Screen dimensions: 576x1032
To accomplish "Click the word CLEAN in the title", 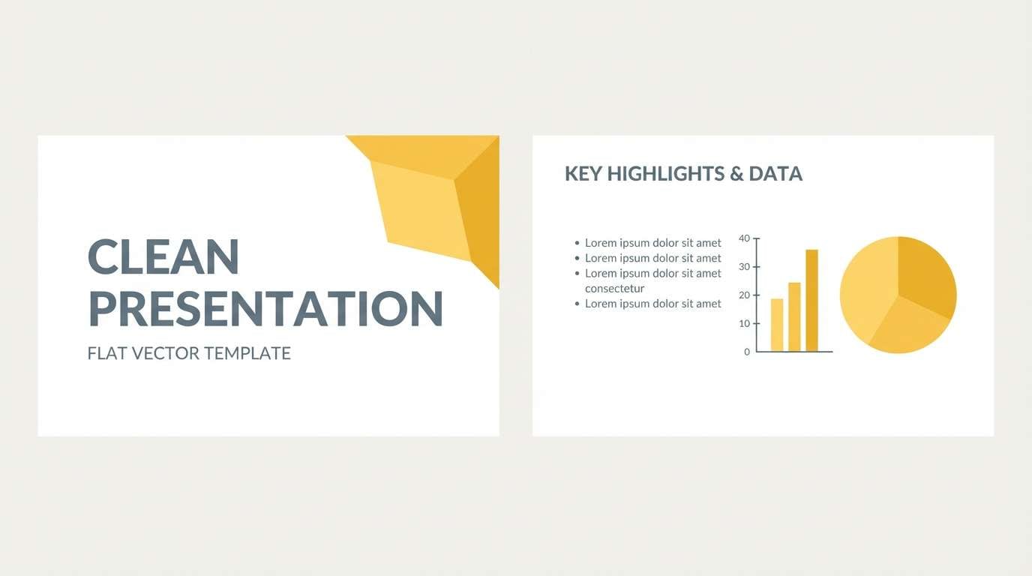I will (x=163, y=256).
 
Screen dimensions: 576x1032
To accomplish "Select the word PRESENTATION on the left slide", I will (x=265, y=308).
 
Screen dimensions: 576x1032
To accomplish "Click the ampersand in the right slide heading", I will (x=736, y=174).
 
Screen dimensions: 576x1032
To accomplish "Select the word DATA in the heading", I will (x=775, y=174).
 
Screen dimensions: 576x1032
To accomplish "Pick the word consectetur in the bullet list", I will (x=614, y=289).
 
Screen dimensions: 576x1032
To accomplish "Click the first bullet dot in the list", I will (x=577, y=243).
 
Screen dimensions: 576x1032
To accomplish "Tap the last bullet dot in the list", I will (x=577, y=304).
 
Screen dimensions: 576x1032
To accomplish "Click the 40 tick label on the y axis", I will (x=744, y=238).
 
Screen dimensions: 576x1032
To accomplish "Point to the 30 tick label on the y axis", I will (x=744, y=267).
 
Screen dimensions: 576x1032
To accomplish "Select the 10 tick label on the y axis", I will (x=744, y=324).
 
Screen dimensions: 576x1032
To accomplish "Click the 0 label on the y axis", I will (x=747, y=352).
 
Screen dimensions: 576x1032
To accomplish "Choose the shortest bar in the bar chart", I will (x=777, y=325).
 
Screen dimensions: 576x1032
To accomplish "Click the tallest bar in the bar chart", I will (x=811, y=300).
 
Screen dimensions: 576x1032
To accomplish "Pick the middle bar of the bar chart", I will (x=794, y=317).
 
